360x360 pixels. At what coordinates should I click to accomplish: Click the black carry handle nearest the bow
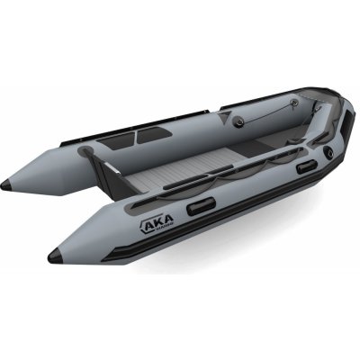tap(306, 166)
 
